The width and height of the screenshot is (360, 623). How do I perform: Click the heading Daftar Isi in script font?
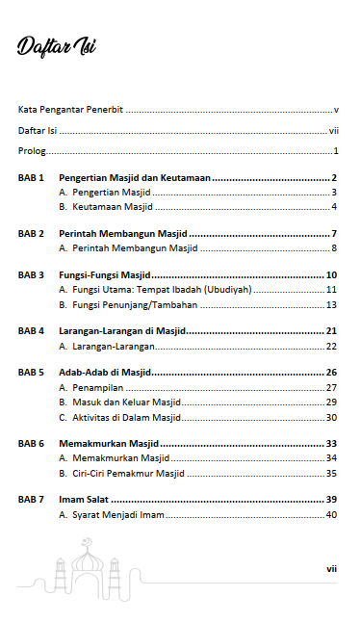coord(56,48)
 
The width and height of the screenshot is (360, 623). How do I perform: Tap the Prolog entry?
coord(32,152)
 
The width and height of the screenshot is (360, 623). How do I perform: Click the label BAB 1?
coord(32,178)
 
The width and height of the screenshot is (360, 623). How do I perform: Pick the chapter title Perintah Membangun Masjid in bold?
coord(122,234)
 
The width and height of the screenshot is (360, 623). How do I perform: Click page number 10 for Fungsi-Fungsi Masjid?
coord(330,275)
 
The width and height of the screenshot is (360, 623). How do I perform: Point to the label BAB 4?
coord(32,331)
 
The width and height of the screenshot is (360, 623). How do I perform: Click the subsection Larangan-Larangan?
coord(108,346)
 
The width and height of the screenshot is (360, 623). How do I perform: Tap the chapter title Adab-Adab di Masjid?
coord(104,373)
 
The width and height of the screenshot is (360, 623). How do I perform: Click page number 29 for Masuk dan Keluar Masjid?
coord(331,402)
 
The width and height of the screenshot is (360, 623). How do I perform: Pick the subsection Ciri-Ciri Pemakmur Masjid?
coord(128,473)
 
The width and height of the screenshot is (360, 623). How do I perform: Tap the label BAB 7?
coord(32,500)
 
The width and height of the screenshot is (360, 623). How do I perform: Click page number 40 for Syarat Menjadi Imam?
coord(331,515)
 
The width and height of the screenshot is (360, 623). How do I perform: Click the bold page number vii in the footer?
coord(330,569)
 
